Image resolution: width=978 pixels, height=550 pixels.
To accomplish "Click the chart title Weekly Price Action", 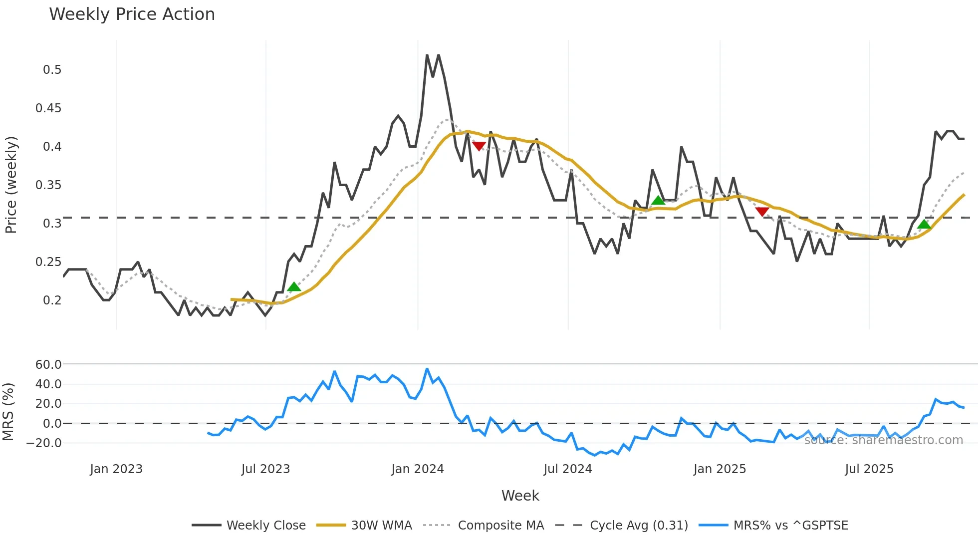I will (x=132, y=14).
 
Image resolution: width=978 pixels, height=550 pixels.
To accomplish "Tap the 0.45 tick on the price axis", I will (x=48, y=108).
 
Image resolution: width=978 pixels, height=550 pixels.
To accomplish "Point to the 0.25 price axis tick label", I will (x=48, y=262).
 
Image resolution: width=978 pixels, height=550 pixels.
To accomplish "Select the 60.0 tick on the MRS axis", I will (x=48, y=365).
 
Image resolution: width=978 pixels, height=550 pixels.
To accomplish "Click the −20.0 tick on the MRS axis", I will (x=44, y=443).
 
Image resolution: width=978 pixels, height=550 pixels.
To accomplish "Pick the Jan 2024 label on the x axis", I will (x=417, y=469).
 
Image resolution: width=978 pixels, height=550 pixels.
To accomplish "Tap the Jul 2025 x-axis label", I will (x=869, y=469).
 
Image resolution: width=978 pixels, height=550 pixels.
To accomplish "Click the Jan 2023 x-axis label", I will (x=116, y=469).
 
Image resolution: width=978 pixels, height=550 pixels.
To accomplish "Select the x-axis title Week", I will (x=520, y=496).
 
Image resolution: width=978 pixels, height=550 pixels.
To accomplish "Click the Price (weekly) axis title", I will (x=11, y=185).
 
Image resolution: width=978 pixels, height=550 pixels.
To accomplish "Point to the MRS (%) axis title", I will (x=8, y=412).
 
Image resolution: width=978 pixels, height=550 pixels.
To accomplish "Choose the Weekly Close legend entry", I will (x=265, y=526).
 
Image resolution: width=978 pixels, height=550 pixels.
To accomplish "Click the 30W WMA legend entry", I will (x=381, y=526).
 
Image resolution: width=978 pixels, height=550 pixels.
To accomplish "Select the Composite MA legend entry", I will (x=500, y=526).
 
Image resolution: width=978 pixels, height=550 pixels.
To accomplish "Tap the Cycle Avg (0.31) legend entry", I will (x=638, y=526).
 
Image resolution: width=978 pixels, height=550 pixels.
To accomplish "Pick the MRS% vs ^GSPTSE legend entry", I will (x=790, y=526).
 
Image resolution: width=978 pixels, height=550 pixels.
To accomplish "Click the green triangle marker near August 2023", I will (x=294, y=286).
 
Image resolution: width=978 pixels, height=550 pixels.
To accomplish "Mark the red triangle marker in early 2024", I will (x=479, y=146).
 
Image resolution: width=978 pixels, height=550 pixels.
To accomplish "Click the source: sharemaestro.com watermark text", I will (x=883, y=440).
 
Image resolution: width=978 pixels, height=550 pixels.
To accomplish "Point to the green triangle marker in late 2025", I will (x=924, y=224).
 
